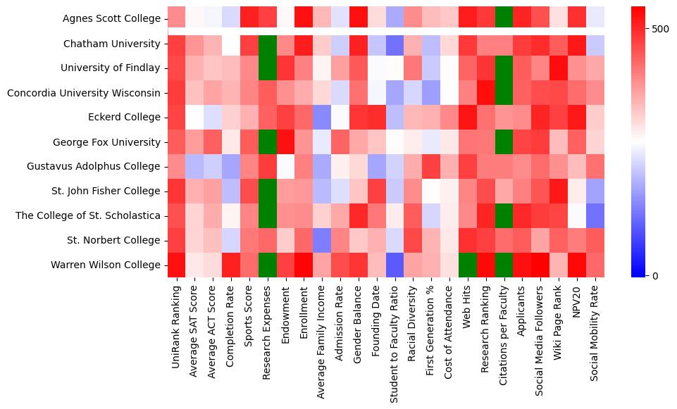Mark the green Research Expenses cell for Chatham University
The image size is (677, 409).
tap(268, 44)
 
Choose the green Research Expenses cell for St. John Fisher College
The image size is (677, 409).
tap(268, 191)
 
